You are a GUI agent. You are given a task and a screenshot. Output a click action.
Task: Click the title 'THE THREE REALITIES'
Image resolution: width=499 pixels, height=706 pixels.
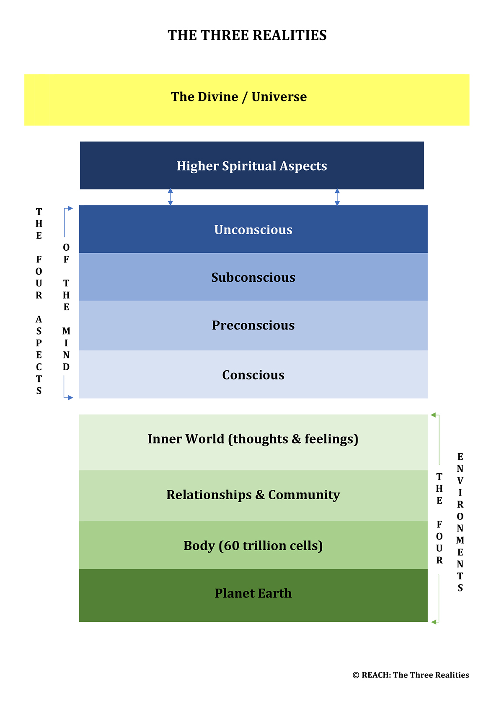tap(247, 35)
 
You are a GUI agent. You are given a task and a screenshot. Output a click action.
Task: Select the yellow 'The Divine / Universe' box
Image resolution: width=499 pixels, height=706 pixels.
tap(247, 100)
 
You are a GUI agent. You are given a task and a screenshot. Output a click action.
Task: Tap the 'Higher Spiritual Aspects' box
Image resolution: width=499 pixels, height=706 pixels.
tap(252, 166)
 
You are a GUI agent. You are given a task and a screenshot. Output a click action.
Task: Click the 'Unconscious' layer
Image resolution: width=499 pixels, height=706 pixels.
tap(253, 229)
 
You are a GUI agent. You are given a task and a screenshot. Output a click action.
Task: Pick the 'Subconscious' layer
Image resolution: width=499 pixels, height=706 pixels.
tap(253, 277)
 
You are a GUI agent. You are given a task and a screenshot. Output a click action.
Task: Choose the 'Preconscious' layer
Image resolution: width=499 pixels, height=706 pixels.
tap(253, 325)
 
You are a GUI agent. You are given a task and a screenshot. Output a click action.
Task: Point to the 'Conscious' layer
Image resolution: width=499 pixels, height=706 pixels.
tap(253, 374)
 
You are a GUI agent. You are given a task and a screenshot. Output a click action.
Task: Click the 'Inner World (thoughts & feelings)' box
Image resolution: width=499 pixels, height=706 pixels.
tap(253, 442)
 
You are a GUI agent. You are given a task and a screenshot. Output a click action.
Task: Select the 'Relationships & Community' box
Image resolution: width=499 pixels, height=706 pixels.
tap(253, 496)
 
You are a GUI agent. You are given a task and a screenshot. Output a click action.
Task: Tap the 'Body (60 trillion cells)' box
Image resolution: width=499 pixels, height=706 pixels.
tap(253, 545)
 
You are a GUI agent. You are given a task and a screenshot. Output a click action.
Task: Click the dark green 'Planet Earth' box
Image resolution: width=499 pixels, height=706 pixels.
tap(253, 595)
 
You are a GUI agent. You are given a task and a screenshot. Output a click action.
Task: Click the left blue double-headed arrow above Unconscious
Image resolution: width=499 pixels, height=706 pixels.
tap(171, 197)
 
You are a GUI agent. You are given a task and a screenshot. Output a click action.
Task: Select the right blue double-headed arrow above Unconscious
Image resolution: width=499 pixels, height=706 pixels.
tap(337, 197)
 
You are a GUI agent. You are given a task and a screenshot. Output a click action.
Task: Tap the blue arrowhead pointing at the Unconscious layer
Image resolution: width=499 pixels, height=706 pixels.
tap(70, 208)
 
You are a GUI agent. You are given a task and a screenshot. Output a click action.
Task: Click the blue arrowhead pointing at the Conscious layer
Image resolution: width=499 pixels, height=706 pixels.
tap(70, 398)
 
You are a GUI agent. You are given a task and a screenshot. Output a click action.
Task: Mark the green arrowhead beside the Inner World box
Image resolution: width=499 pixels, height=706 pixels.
tap(433, 415)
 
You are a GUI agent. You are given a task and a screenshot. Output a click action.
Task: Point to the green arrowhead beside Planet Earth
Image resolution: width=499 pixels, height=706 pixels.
tap(434, 622)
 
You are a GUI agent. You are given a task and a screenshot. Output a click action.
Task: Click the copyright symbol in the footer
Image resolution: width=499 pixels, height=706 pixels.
tap(356, 675)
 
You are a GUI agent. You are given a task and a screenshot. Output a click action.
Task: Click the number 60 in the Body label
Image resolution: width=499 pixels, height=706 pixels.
tap(231, 545)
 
